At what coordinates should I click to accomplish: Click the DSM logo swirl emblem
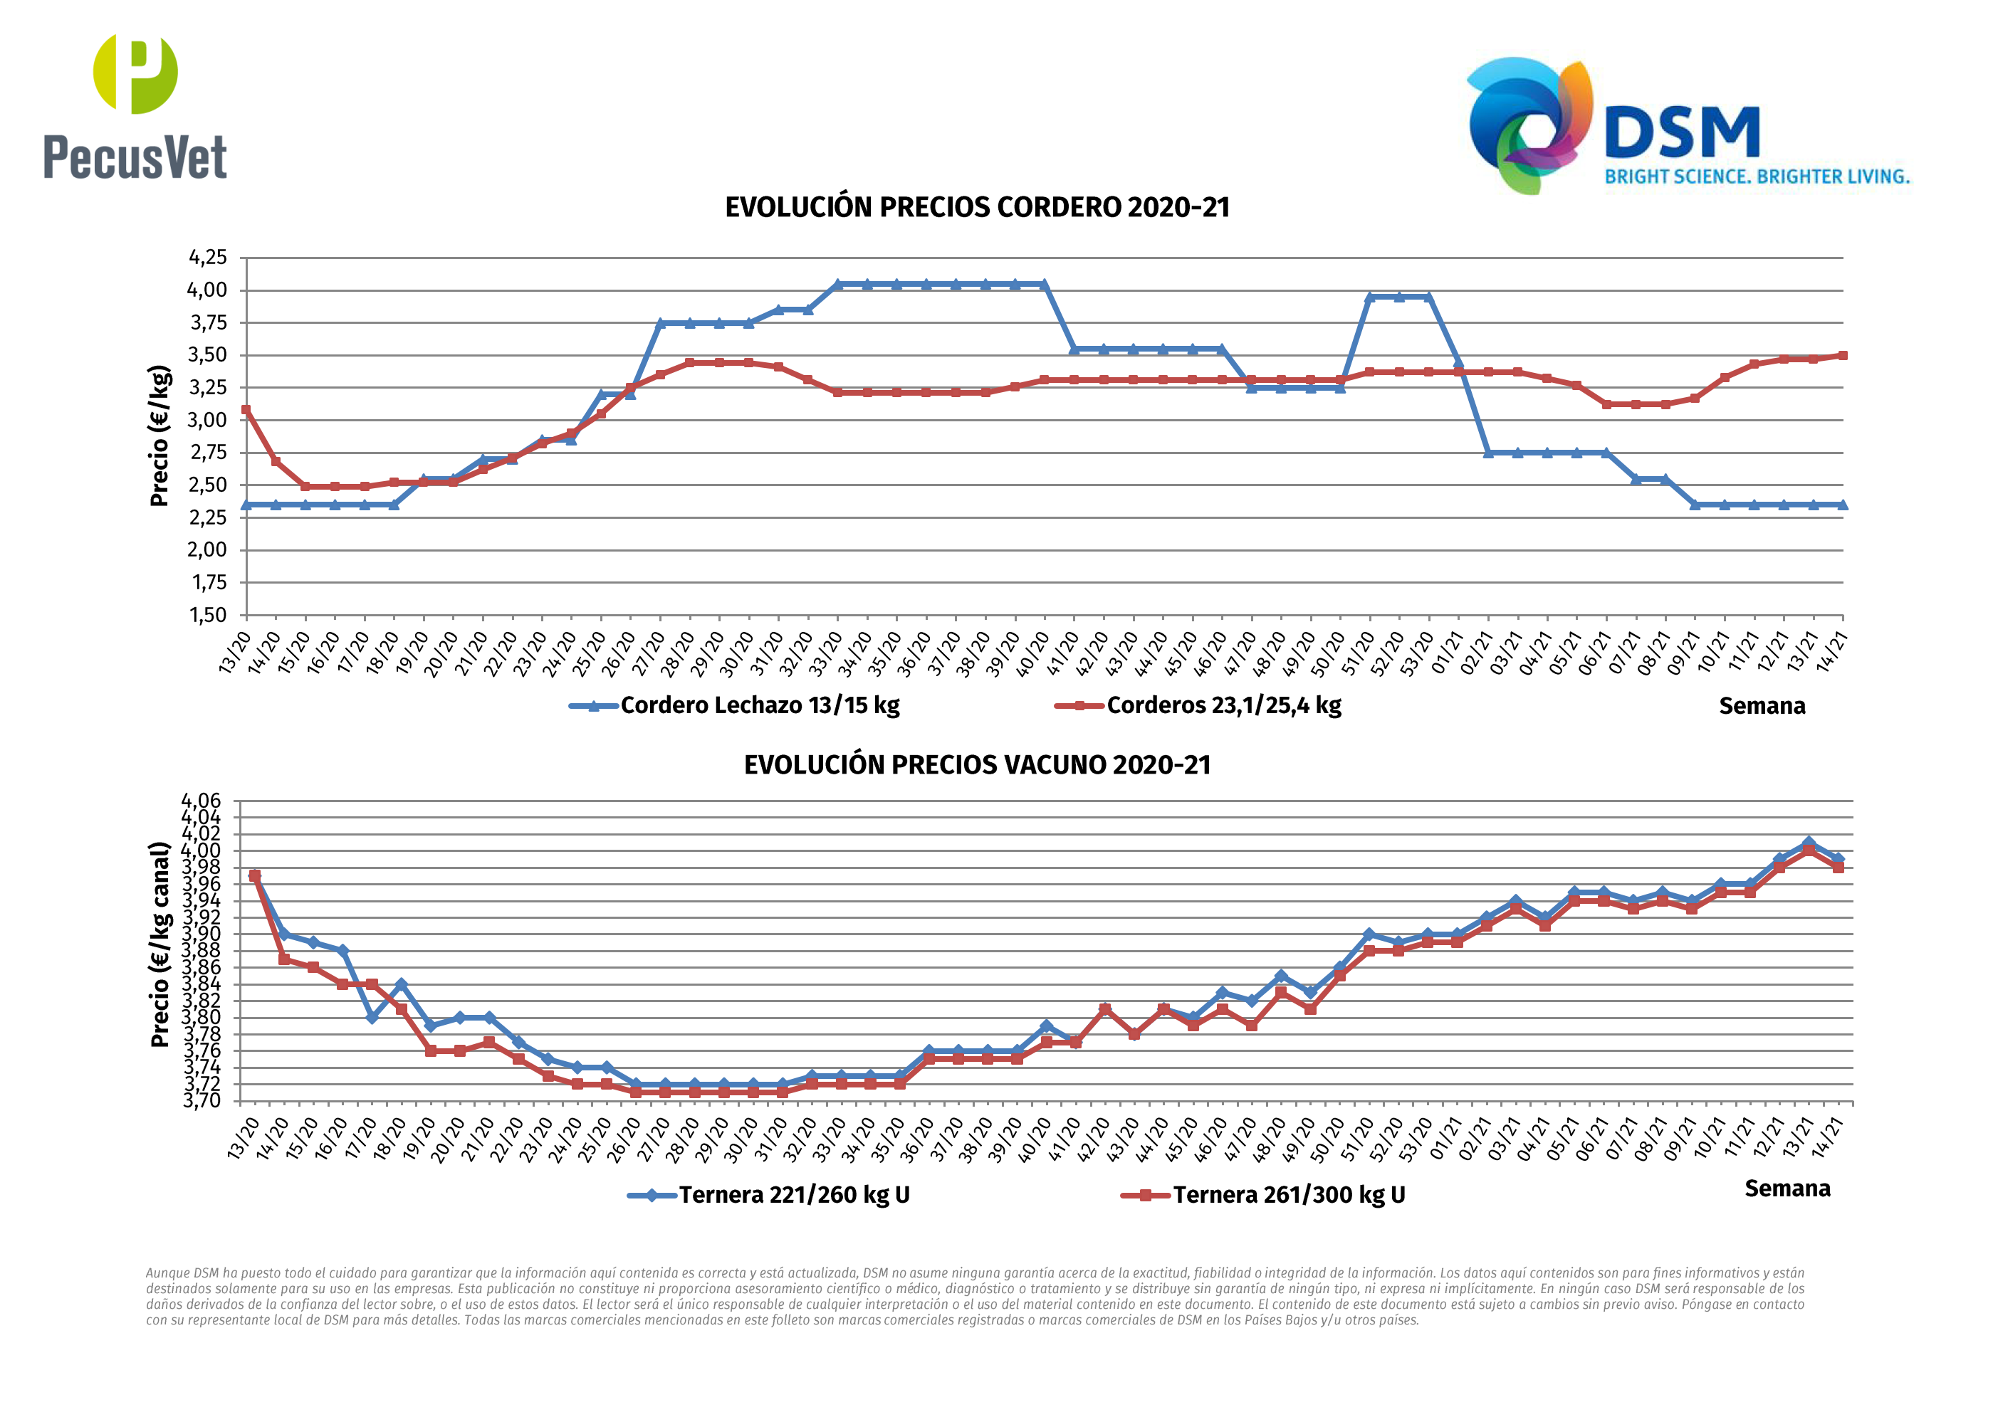click(1529, 125)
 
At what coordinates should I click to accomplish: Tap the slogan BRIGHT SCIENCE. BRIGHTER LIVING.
click(1756, 176)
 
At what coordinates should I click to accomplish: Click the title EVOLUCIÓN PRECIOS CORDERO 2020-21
click(977, 208)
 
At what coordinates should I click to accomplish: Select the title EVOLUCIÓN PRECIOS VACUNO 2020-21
click(977, 766)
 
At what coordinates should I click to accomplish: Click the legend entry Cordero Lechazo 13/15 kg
click(759, 705)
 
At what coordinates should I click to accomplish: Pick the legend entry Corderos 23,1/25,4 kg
click(1223, 705)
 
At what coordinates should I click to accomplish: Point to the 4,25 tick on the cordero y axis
click(208, 258)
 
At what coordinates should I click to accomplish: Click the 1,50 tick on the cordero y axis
click(208, 615)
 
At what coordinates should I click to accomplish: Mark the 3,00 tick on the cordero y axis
click(208, 420)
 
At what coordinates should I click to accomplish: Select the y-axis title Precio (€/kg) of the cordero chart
click(159, 436)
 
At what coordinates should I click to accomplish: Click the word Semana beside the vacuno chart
click(1787, 1189)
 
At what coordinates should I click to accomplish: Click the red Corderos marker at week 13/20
click(246, 410)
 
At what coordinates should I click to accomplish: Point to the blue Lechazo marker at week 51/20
click(1370, 297)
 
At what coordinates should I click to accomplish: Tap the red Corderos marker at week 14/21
click(1842, 356)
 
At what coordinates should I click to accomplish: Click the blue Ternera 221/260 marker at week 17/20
click(372, 1017)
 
